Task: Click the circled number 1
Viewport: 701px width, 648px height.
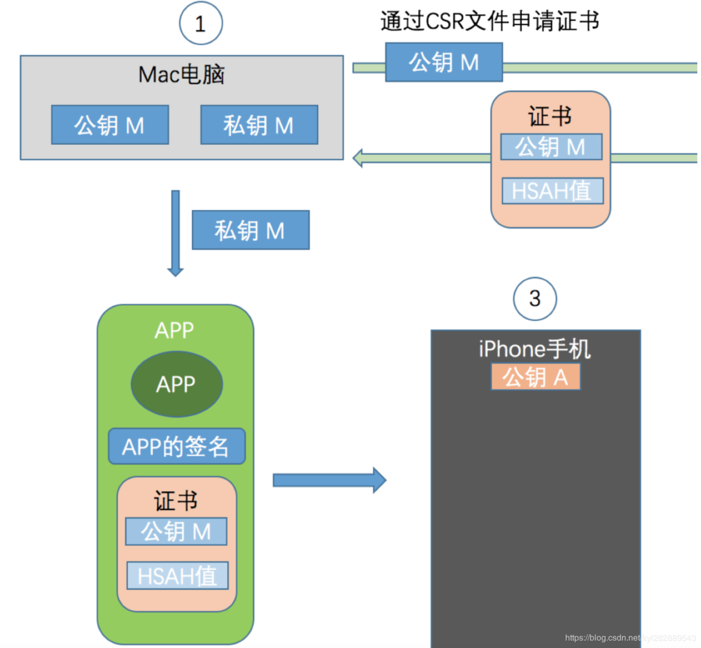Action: click(201, 23)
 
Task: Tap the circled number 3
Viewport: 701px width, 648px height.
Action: click(535, 299)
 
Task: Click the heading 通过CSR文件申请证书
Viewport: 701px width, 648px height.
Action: click(490, 21)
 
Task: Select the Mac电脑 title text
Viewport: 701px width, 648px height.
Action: click(181, 75)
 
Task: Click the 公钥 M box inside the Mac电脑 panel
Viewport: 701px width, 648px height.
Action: click(110, 124)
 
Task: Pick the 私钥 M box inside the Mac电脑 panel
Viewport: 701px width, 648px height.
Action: click(259, 124)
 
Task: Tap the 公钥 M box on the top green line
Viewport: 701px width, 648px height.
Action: click(444, 62)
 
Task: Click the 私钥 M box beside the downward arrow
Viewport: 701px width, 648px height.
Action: click(251, 230)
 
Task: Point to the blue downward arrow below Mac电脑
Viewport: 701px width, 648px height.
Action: click(175, 234)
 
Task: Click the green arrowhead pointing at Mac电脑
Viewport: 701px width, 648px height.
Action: click(358, 158)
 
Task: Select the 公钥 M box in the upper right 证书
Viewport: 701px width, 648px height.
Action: click(551, 146)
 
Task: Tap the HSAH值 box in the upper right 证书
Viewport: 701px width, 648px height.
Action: click(553, 191)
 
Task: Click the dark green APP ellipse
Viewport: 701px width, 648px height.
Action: click(177, 384)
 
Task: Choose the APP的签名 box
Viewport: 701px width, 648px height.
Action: click(177, 446)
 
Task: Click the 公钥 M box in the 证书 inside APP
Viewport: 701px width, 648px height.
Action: click(176, 531)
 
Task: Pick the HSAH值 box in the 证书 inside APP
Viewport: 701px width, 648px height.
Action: click(178, 576)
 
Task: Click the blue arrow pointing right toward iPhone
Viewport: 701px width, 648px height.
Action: click(330, 480)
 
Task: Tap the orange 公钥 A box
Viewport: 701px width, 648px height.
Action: click(535, 377)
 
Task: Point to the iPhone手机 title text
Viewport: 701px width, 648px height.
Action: click(535, 349)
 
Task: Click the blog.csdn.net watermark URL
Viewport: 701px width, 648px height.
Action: click(630, 638)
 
